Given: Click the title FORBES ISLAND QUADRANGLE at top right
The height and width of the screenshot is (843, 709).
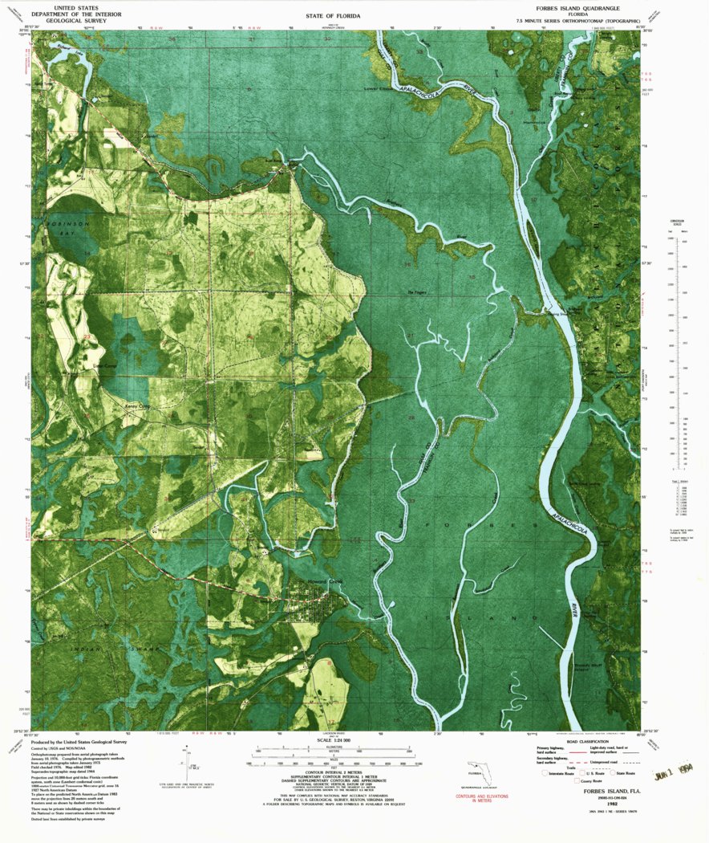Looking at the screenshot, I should (572, 7).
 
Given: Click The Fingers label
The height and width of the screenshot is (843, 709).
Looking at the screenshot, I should (417, 291).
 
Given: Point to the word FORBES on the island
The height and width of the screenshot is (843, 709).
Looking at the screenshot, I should (479, 523).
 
